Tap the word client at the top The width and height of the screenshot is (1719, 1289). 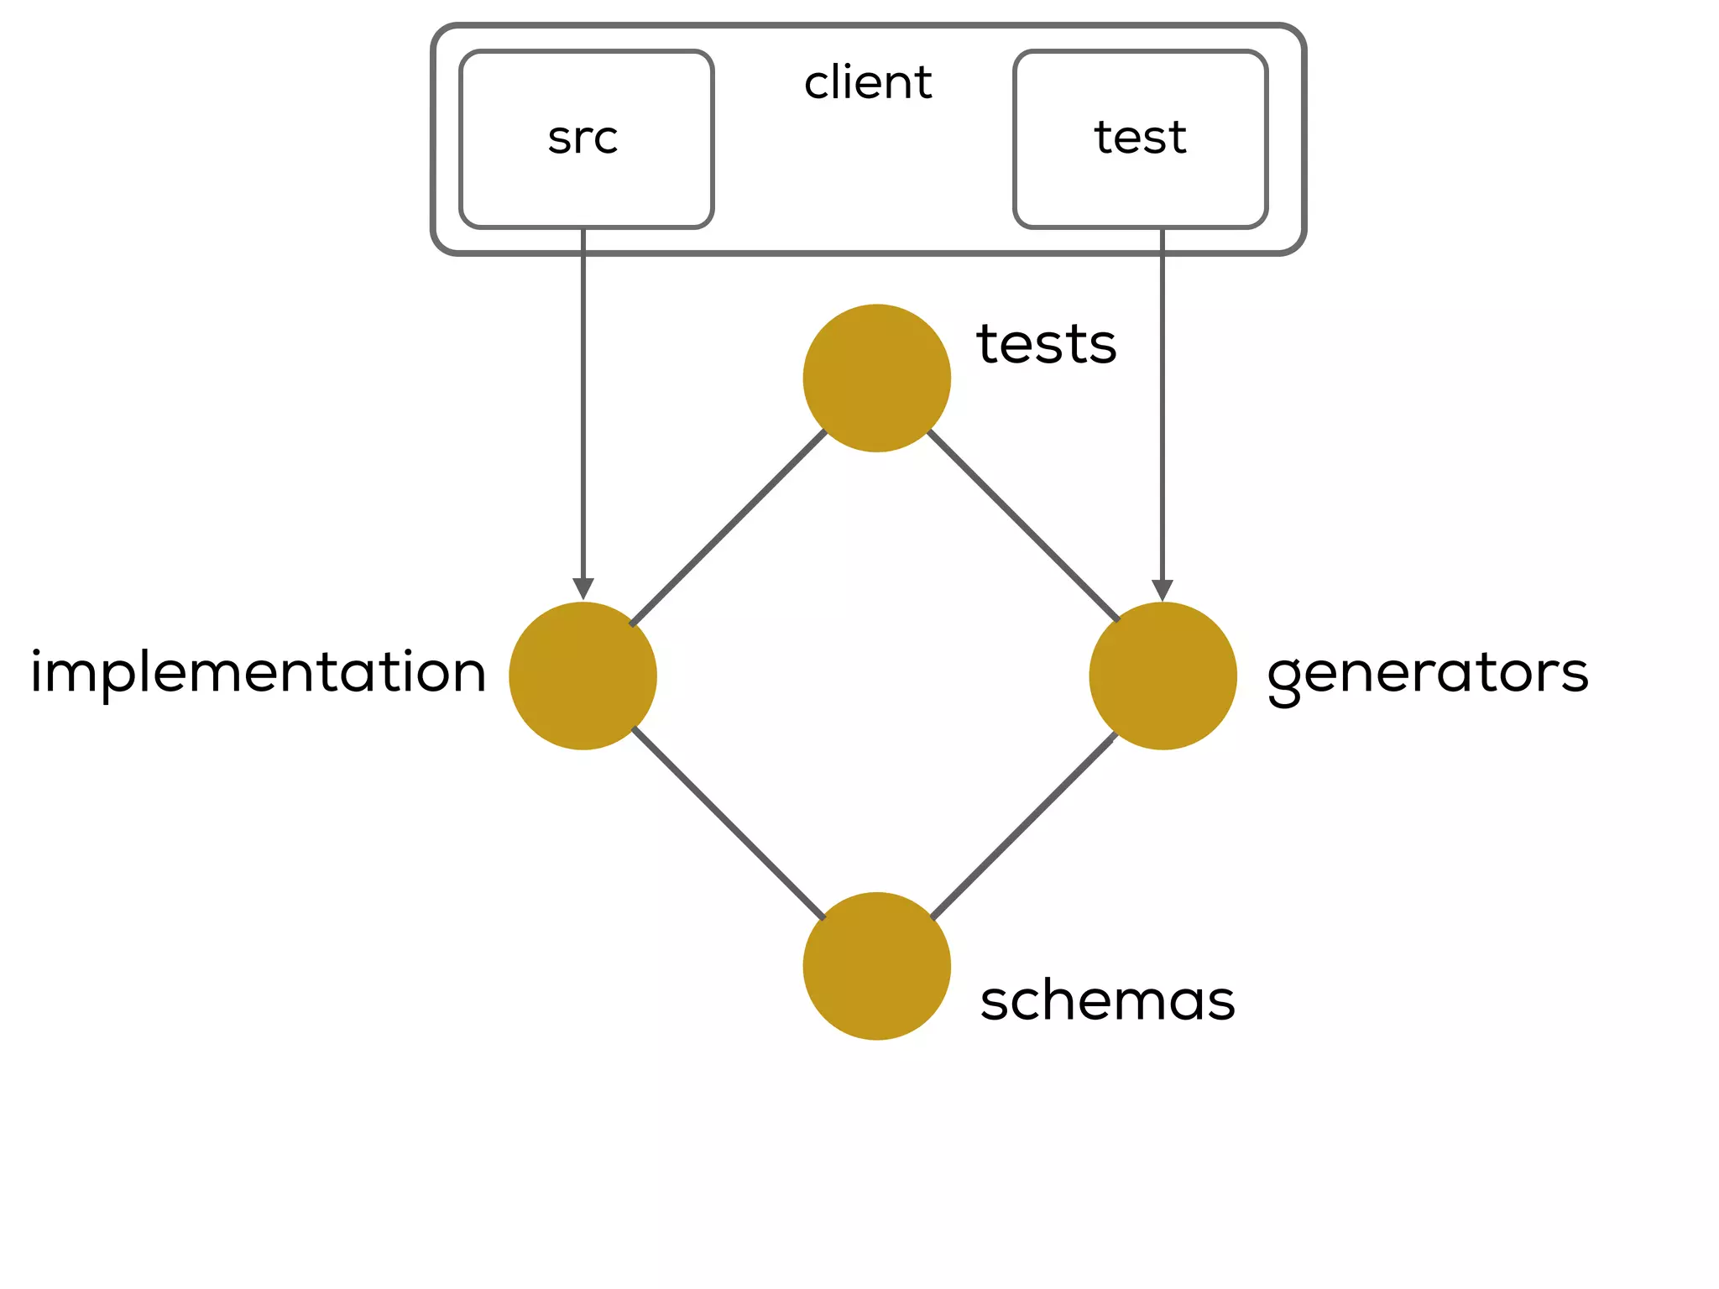(x=868, y=82)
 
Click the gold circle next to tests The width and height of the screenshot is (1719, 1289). (x=876, y=378)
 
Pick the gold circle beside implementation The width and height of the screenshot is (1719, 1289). (x=583, y=676)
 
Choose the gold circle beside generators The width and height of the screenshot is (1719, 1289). (x=1163, y=676)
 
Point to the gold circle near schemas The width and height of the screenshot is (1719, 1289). (x=876, y=966)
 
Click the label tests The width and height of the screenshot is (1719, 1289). (x=1046, y=344)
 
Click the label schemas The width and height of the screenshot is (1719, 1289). (x=1107, y=1001)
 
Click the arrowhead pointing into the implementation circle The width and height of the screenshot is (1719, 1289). (x=583, y=589)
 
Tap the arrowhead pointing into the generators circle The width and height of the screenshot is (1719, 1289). (x=1163, y=590)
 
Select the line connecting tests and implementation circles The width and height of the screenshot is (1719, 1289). (x=729, y=528)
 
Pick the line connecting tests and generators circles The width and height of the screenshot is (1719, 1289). (x=1024, y=526)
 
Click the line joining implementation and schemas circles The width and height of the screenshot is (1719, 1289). (x=729, y=823)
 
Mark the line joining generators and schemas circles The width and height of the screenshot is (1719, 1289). (x=1022, y=827)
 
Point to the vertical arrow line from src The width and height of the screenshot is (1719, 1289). (x=583, y=403)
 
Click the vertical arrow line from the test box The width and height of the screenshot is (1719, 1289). (x=1163, y=403)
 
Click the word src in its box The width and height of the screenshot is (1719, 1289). (x=583, y=138)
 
